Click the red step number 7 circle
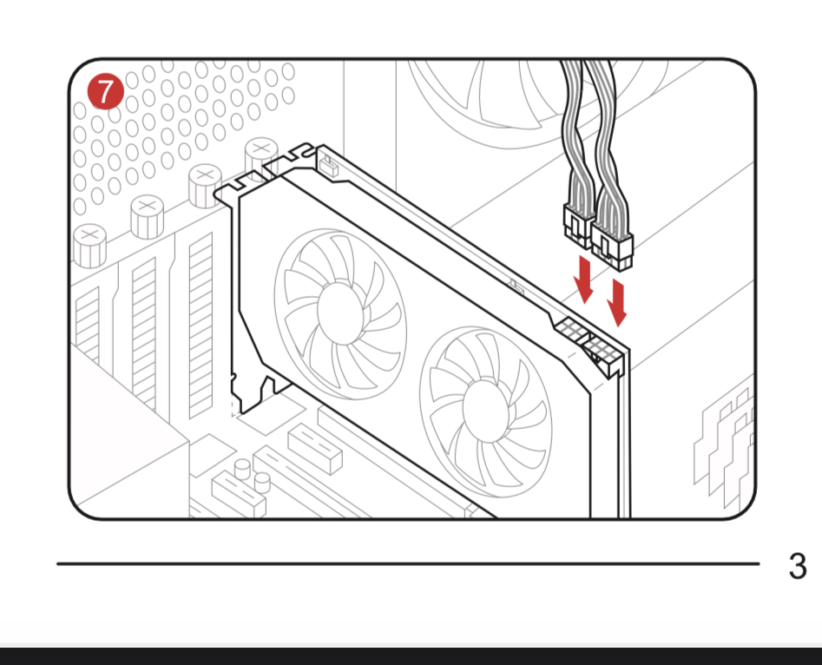[106, 91]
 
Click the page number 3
[798, 566]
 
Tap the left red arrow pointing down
[583, 279]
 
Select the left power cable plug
[577, 226]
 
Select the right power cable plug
[612, 245]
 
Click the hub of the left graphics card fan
[341, 312]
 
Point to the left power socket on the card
[570, 330]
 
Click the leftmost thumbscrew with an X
[90, 246]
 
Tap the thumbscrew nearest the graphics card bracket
[260, 158]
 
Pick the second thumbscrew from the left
[148, 216]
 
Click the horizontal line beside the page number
[408, 563]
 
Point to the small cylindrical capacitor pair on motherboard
[253, 475]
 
